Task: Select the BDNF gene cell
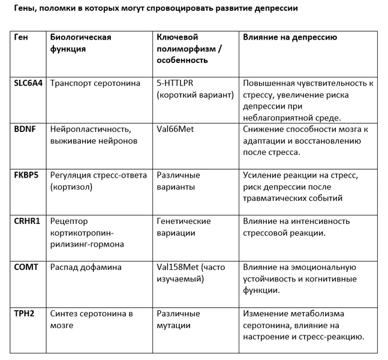click(25, 129)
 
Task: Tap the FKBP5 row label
click(26, 175)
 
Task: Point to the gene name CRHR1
click(26, 221)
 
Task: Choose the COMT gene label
click(26, 267)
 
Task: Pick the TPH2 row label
click(24, 313)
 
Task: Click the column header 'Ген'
click(20, 37)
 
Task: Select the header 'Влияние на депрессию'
click(290, 37)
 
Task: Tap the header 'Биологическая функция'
click(80, 43)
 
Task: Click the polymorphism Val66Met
click(175, 129)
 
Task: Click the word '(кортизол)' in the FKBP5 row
click(70, 187)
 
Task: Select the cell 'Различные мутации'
click(178, 319)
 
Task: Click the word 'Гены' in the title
click(24, 9)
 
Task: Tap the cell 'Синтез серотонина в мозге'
click(91, 319)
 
